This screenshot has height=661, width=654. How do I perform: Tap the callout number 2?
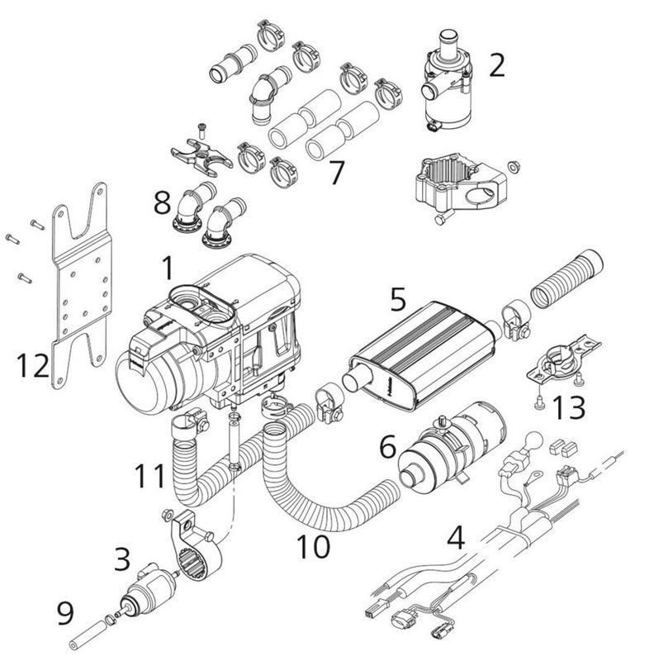495,64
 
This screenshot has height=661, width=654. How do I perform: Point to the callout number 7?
335,173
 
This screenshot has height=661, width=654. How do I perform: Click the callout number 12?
33,364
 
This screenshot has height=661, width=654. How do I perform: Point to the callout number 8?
162,201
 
